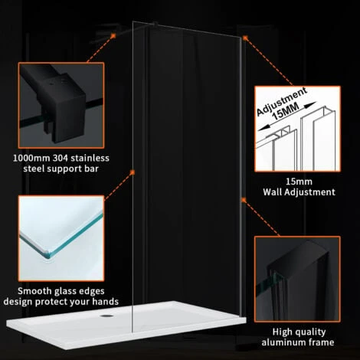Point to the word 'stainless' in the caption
coord(87,159)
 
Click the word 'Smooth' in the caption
coord(34,291)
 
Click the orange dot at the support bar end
coord(113,35)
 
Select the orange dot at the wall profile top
coord(245,37)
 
